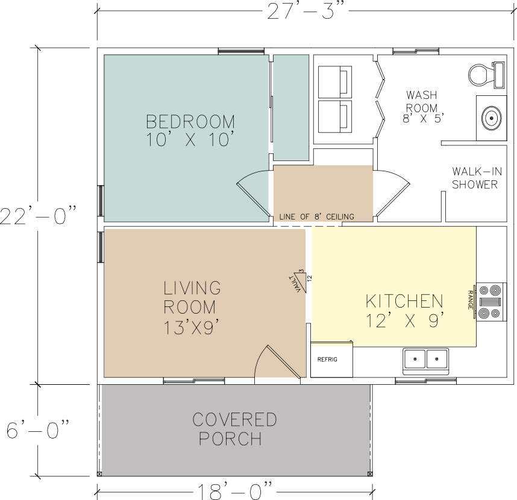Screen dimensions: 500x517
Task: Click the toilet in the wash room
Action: [485, 74]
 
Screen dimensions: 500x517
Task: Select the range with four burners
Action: [489, 300]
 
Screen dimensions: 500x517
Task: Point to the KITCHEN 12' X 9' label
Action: [405, 309]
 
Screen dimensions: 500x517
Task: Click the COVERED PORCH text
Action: [234, 428]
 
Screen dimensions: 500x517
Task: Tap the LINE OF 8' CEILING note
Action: [316, 217]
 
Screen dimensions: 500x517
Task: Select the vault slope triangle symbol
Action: [298, 280]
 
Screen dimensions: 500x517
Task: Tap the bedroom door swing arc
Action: [253, 193]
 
